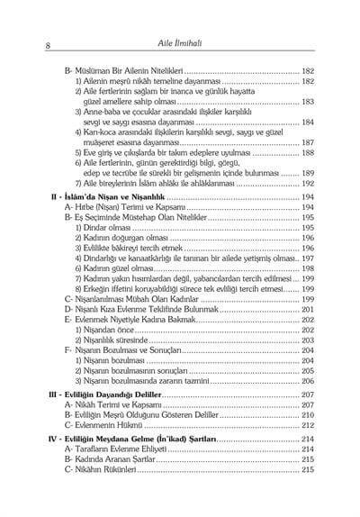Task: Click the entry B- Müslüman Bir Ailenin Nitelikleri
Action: click(x=119, y=68)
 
